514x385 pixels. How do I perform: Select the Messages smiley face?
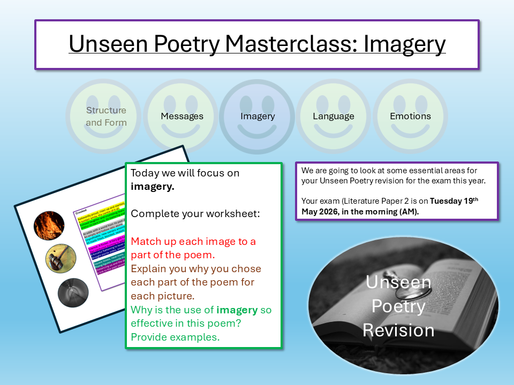point(182,116)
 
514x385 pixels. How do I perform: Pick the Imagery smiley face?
point(258,116)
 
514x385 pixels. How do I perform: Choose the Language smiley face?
point(334,116)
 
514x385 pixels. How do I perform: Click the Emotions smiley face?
point(410,116)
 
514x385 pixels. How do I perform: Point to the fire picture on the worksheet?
point(49,225)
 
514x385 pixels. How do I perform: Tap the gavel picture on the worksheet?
point(61,259)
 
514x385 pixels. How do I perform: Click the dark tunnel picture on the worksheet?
point(73,291)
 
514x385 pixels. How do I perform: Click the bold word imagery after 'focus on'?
point(153,187)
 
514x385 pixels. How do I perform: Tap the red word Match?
point(146,241)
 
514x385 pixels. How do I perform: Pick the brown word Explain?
point(150,268)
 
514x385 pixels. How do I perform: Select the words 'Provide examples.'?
point(175,337)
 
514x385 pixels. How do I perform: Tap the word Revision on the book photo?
point(398,329)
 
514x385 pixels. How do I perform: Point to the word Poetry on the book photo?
point(398,306)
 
